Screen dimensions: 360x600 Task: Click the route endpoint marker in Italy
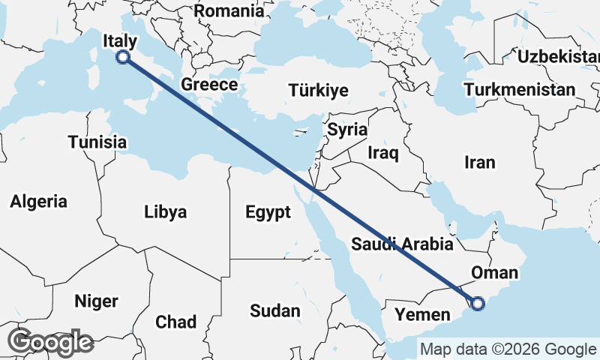coord(124,57)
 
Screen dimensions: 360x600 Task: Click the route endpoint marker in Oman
coord(478,304)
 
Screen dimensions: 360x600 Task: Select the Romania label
coord(229,10)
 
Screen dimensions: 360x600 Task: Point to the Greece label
coord(209,85)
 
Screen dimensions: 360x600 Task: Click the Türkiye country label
coord(318,91)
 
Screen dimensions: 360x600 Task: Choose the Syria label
coord(347,129)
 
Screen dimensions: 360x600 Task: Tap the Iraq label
coord(382,152)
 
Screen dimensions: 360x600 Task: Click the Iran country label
coord(480,162)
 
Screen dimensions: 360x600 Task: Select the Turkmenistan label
coord(520,90)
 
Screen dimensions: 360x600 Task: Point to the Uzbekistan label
coord(558,56)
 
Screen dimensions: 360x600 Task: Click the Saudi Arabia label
coord(402,244)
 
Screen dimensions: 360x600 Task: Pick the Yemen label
coord(422,314)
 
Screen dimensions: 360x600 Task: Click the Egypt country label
coord(268,212)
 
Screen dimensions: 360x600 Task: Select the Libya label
coord(165,211)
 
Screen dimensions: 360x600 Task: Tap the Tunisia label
coord(97,142)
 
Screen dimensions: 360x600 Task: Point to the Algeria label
coord(38,201)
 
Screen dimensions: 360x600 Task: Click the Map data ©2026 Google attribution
coord(508,349)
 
